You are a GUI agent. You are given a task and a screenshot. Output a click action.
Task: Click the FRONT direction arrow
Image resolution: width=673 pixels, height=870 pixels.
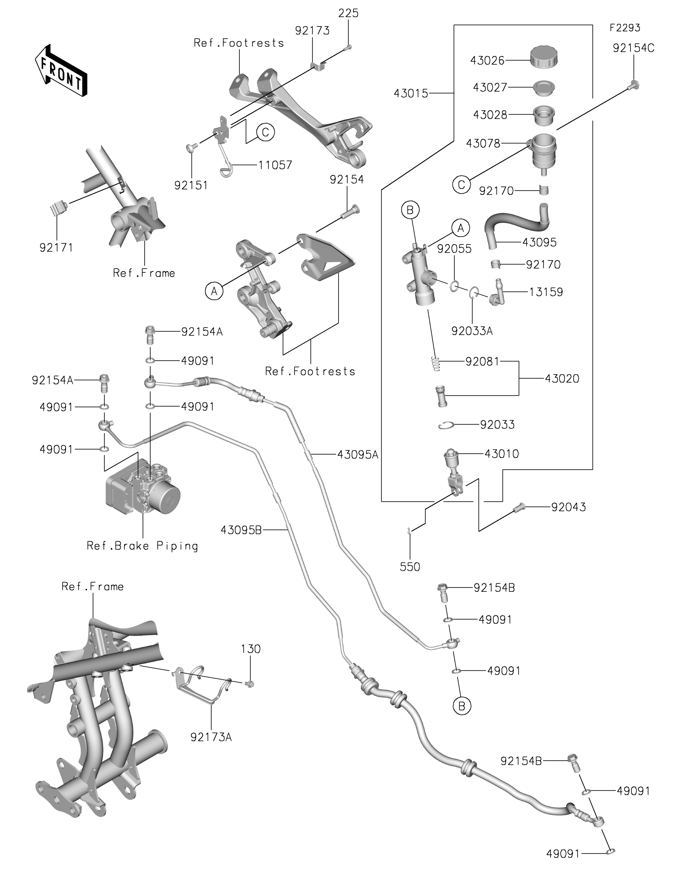coord(61,70)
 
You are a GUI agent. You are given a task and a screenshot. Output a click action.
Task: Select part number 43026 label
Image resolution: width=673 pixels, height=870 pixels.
coord(487,61)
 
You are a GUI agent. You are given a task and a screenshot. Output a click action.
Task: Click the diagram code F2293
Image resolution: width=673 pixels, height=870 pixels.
coord(625,28)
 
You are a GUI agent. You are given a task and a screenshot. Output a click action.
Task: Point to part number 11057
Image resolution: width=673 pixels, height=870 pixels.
coord(275,165)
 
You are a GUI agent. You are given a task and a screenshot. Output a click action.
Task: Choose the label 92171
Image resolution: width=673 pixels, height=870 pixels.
coord(56,247)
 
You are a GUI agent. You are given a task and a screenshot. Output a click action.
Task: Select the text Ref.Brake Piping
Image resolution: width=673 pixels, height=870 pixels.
coord(142,546)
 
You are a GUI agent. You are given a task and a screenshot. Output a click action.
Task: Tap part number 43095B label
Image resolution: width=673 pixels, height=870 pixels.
coord(241,530)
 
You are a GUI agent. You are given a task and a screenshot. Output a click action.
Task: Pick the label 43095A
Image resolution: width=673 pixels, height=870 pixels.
coord(358,455)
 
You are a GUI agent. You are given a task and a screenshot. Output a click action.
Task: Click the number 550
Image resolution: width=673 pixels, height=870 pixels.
coord(410,567)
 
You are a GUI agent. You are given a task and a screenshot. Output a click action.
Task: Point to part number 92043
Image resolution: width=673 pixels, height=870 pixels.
coord(569,507)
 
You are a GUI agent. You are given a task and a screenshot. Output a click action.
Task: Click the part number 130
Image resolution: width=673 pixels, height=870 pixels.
coord(251,649)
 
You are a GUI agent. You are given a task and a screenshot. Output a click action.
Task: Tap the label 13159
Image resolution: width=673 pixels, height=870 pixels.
coord(546,292)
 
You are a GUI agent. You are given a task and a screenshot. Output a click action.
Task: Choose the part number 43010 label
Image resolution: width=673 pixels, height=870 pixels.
coord(502,454)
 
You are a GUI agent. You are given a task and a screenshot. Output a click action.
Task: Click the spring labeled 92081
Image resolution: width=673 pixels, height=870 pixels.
coord(436,364)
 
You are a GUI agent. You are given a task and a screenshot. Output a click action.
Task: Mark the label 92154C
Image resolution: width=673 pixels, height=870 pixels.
coord(633,48)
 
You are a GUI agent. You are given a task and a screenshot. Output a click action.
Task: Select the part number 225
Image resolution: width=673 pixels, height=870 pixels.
coord(348,13)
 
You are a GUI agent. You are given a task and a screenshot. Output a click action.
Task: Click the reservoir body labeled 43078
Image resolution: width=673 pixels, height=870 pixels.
coord(544,152)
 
